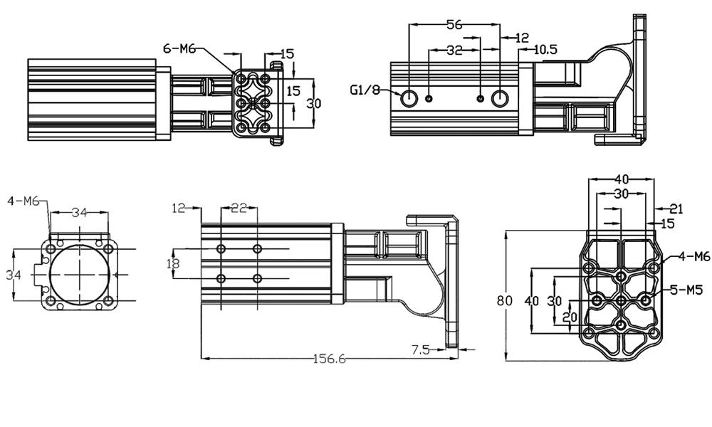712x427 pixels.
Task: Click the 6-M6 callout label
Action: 179,48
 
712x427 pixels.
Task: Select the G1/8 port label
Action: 365,90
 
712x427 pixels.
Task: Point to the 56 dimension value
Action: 454,24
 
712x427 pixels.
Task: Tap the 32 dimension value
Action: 454,51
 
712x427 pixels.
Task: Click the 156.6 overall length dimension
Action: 329,359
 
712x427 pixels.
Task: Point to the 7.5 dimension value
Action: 421,349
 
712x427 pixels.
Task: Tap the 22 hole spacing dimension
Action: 239,207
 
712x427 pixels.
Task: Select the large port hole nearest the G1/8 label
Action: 409,98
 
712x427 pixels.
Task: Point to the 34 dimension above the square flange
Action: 79,211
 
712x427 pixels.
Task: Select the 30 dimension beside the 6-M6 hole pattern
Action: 314,103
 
